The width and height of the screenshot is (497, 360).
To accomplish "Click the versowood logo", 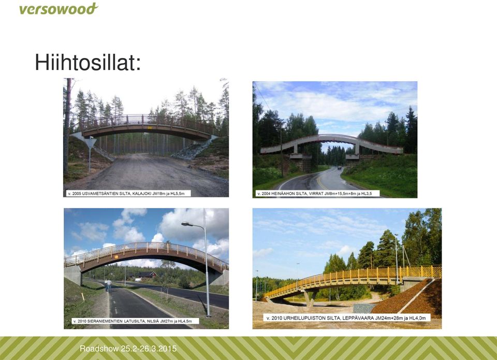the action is [x=59, y=9].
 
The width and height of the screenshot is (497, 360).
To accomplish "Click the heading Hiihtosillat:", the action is [x=88, y=62].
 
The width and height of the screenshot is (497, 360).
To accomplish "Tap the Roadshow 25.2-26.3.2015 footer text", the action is [x=128, y=349].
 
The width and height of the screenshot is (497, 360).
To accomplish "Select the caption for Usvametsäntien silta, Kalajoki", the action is [x=128, y=193].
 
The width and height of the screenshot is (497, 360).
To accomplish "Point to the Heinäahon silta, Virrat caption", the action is [x=317, y=193].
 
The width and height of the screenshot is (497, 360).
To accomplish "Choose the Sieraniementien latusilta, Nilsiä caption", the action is [x=135, y=321].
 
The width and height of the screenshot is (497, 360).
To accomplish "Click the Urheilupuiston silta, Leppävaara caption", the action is [x=346, y=318].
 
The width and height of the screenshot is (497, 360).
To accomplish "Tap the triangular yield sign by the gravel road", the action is [x=90, y=142].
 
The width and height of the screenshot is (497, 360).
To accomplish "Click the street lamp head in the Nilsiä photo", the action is [x=187, y=224].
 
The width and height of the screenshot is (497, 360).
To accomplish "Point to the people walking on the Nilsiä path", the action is [x=108, y=285].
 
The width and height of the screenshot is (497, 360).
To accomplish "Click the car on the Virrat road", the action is [x=340, y=167].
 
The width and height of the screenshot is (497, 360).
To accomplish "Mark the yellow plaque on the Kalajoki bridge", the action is [x=150, y=127].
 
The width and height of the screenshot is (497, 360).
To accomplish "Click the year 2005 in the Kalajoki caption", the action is [x=77, y=194].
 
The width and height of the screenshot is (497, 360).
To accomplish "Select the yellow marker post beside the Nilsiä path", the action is [x=83, y=297].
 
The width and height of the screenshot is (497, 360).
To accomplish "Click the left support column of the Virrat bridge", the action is [x=296, y=148].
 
